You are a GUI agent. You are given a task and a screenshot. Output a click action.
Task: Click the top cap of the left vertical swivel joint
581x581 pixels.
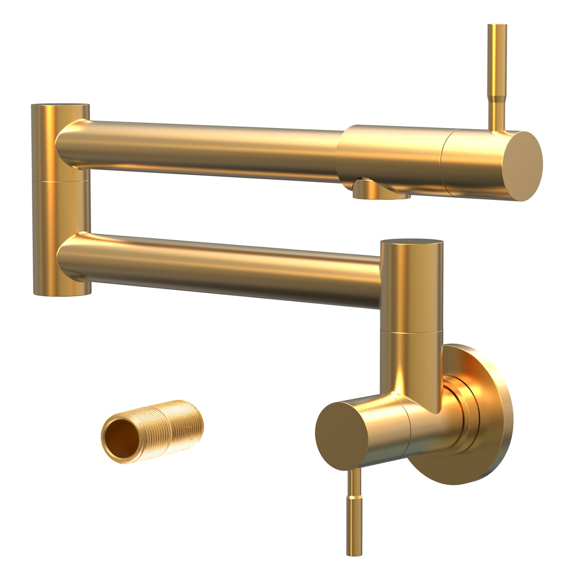[60, 106]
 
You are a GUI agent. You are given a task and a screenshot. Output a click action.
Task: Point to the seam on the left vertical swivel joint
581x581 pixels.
[61, 180]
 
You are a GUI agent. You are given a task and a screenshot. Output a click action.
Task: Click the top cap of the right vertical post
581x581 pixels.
[412, 243]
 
